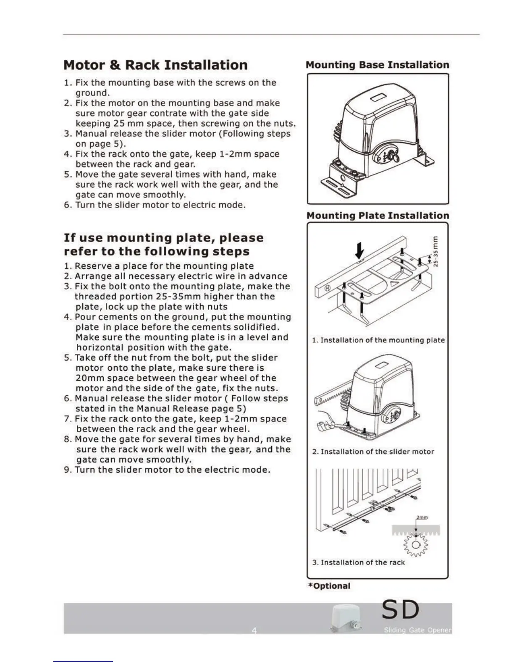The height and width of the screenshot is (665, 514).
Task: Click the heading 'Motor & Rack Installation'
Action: (x=155, y=65)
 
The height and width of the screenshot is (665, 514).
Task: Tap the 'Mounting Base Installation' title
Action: (x=377, y=65)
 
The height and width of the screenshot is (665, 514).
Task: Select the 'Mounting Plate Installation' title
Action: (x=378, y=216)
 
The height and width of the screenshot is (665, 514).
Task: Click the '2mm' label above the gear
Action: (x=422, y=518)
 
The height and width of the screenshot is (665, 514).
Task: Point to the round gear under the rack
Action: (x=416, y=545)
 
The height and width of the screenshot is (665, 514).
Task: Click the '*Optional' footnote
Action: (x=329, y=586)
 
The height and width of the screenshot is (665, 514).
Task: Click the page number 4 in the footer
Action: (x=254, y=631)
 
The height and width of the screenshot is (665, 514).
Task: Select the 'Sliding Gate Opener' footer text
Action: (x=417, y=631)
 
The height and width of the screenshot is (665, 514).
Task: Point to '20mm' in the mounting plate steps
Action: (x=90, y=378)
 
